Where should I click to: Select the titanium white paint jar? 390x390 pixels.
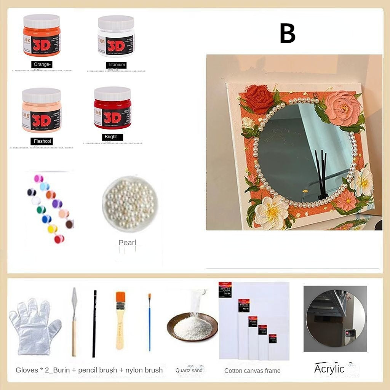tap(116, 36)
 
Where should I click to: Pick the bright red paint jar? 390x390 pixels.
tap(112, 108)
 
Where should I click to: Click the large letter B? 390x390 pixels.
tap(288, 34)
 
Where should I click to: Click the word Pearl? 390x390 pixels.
tap(127, 243)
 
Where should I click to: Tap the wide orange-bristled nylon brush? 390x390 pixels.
tap(120, 320)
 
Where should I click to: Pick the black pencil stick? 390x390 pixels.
tap(94, 324)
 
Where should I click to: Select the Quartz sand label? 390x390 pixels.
tap(189, 370)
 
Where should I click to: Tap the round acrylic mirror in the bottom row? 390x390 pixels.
tap(335, 318)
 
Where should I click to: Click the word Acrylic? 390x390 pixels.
tap(329, 369)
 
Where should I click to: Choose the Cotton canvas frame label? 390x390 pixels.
tap(252, 371)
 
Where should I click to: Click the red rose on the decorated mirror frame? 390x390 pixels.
tap(259, 98)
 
